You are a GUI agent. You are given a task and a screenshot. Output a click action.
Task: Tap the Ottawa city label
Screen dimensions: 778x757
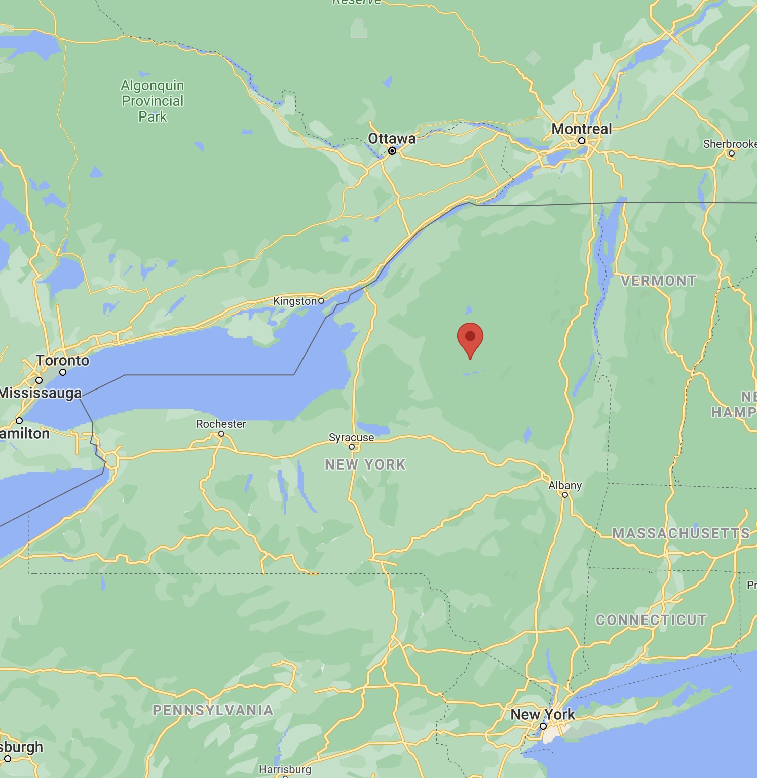(392, 138)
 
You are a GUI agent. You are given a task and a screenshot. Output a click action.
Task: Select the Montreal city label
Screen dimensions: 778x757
(581, 129)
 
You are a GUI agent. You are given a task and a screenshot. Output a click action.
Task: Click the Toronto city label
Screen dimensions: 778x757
(62, 361)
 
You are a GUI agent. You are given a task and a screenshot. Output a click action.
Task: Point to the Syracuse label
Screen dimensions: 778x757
(351, 437)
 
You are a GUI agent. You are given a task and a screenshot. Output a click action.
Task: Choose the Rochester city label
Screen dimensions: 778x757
(221, 424)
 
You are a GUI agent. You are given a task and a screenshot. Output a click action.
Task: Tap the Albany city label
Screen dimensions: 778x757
(565, 485)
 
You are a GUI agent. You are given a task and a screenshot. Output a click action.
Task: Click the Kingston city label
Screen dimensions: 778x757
(295, 301)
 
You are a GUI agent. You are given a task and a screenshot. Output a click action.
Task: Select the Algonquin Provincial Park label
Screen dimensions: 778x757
(153, 101)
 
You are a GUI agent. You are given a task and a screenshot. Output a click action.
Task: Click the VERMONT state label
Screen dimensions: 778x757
(659, 281)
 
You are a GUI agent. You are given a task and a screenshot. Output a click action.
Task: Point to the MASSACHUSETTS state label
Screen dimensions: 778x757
(681, 533)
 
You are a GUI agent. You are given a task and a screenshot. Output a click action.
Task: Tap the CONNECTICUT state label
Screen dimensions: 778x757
(651, 620)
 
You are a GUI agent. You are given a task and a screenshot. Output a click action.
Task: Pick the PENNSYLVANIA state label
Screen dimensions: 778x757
(213, 710)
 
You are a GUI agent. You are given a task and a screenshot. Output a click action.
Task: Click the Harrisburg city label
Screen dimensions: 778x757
(285, 769)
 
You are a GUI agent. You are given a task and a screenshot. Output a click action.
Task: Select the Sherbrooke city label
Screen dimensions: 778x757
(730, 144)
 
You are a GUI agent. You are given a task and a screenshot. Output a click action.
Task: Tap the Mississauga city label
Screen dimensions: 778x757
(41, 393)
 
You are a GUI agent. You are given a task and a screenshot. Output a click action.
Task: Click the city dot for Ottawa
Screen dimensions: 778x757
(392, 151)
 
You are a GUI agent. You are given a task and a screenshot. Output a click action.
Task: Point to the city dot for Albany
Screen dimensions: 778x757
(565, 495)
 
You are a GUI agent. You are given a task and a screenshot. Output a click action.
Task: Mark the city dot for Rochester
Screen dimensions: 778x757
(221, 434)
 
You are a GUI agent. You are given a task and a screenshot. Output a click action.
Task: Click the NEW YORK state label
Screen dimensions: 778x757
(365, 464)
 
